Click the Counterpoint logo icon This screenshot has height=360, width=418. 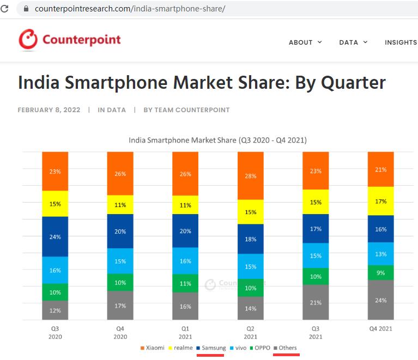coord(28,40)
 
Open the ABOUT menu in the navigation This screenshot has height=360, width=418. coord(305,42)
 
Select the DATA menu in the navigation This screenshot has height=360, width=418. coord(353,42)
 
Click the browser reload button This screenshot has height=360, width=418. coord(5,9)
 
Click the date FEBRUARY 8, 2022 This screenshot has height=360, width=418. coord(49,110)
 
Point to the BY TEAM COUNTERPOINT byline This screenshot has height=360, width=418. coord(186,110)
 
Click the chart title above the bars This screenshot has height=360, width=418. coord(217,140)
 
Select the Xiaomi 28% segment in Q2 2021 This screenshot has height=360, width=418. coord(250,175)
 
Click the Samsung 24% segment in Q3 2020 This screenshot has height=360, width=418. coord(55,236)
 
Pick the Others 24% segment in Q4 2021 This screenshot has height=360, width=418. coord(380,300)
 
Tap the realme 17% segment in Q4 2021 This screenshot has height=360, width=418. coord(380,201)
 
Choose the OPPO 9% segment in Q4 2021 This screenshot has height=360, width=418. coord(380,272)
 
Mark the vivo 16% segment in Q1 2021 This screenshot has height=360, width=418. coord(185,261)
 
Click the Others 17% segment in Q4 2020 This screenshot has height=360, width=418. coord(120,306)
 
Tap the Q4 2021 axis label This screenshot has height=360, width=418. coord(380,328)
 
